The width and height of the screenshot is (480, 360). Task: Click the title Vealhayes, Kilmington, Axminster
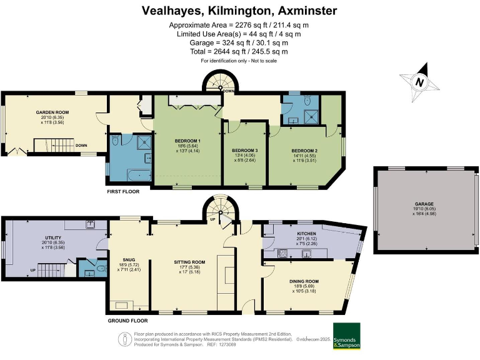tap(239, 11)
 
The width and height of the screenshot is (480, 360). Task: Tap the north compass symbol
tap(420, 81)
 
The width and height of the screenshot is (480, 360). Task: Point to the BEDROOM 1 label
tap(187, 141)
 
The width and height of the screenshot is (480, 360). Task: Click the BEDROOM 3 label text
tap(245, 151)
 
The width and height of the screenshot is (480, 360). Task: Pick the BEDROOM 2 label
tap(304, 151)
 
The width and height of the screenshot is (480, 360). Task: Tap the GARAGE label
tap(424, 204)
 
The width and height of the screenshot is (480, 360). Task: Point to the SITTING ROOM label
tap(189, 262)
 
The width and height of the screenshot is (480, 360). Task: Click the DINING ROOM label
tap(304, 281)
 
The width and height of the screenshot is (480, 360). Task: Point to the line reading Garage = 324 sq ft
tap(239, 42)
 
